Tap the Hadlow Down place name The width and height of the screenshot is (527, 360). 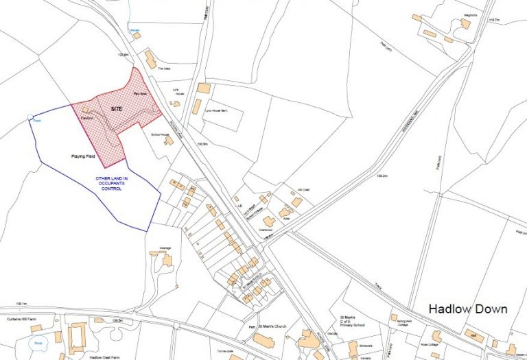[x=468, y=309]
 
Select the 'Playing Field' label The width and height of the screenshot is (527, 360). [x=82, y=156]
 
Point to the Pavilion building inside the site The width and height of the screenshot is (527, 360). [x=86, y=110]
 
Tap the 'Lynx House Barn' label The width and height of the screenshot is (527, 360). [x=216, y=109]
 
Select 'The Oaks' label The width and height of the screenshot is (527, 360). [x=163, y=69]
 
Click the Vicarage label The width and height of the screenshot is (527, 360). [x=165, y=247]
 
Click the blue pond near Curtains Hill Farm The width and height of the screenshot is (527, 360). [x=38, y=342]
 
